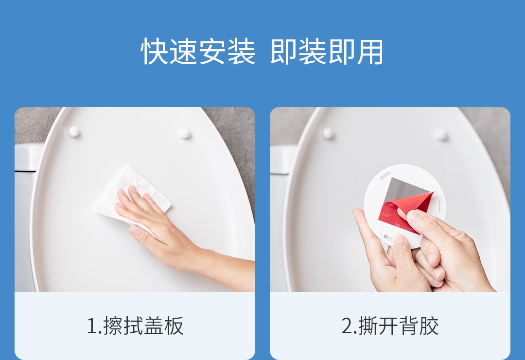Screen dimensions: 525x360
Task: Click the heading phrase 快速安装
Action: [198, 51]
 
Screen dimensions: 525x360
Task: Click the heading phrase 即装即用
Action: [327, 51]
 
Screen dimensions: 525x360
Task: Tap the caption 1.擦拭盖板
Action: [135, 325]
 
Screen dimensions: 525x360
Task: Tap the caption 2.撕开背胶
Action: [390, 325]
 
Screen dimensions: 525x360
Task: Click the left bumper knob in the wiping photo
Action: [73, 132]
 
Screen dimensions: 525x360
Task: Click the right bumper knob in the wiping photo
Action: [185, 133]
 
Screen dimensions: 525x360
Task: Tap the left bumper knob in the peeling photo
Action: [328, 133]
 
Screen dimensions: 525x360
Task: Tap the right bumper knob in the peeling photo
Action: [441, 135]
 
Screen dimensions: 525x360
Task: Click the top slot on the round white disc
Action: [385, 175]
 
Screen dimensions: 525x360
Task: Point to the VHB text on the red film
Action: [385, 215]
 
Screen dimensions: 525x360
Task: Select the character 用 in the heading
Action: [369, 51]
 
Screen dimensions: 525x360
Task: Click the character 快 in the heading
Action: [155, 51]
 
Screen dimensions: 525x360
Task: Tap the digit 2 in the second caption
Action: [347, 326]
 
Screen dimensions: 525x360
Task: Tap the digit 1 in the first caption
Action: [91, 326]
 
